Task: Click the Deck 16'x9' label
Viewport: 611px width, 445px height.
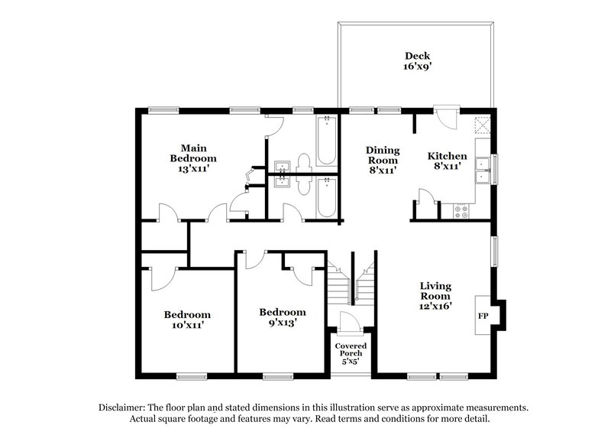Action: [x=418, y=61]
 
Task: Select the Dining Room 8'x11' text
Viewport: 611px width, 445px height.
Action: [x=381, y=161]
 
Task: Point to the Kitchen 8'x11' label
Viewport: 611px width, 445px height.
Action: [x=447, y=161]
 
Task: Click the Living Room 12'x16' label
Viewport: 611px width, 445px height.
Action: [x=435, y=296]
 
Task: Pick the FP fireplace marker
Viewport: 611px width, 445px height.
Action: [x=483, y=315]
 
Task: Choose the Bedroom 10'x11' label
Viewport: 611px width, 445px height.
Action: [x=187, y=320]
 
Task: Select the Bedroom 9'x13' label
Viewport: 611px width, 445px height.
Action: [x=282, y=317]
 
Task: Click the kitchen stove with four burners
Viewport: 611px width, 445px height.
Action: [x=462, y=210]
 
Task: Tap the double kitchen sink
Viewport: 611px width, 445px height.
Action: [x=483, y=170]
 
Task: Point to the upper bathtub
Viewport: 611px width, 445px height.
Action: [x=326, y=141]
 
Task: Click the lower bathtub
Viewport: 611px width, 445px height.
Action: [x=326, y=197]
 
